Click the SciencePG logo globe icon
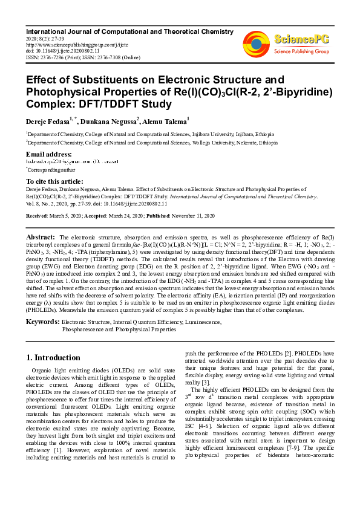click(257, 42)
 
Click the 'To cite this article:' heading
click(54, 181)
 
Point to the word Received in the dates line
click(38, 216)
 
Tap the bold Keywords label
click(42, 322)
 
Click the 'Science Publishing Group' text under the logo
click(301, 51)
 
